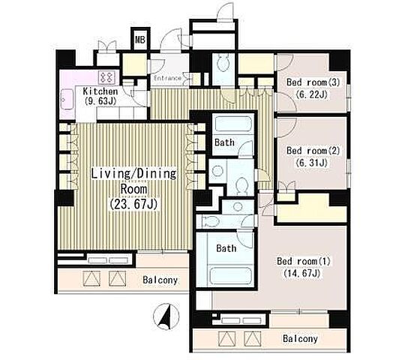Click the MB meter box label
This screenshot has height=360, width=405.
coord(140,40)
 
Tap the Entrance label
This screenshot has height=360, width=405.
coord(167,78)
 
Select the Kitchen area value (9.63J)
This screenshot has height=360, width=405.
coord(100,100)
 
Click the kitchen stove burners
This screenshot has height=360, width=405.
coord(107,77)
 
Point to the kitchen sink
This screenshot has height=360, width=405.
coord(67,99)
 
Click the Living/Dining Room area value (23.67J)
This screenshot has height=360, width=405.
coord(133,205)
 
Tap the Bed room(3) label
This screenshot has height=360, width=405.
coord(313,82)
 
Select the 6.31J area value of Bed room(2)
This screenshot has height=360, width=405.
coord(312,163)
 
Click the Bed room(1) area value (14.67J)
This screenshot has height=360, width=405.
coord(301,273)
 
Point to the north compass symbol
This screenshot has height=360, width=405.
coord(166,316)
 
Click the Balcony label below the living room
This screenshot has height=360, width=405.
coord(160,280)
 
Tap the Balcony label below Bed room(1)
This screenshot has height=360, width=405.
coord(300,338)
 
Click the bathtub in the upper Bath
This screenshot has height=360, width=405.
coord(233,124)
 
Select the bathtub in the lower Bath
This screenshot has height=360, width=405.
coord(231,276)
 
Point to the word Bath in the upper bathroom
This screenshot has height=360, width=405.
coord(225,142)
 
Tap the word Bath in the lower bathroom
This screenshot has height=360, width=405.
coord(226,248)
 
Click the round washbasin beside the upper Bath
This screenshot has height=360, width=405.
coord(217,171)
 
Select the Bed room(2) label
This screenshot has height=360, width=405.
coord(313,151)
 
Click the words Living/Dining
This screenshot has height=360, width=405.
coord(133,173)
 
